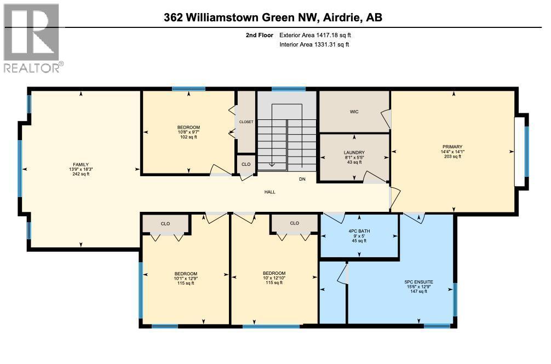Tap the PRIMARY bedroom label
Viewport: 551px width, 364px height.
[x=452, y=146]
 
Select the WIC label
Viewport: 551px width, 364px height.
[x=354, y=112]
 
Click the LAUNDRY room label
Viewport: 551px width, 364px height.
[x=354, y=152]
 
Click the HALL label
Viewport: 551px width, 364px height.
[x=269, y=192]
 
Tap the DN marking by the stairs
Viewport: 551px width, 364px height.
[x=302, y=179]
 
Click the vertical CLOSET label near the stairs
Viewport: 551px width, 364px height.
[x=246, y=122]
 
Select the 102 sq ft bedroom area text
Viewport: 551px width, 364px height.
[x=188, y=137]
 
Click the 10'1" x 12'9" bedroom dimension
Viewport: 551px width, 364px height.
[x=186, y=278]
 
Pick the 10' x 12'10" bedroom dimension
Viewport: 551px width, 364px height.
[x=274, y=278]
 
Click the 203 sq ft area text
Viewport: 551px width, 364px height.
[x=452, y=157]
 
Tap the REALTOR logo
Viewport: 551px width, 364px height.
[x=32, y=38]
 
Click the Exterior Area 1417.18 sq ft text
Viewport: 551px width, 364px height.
[x=314, y=35]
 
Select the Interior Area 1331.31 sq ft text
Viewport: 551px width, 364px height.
[x=314, y=44]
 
